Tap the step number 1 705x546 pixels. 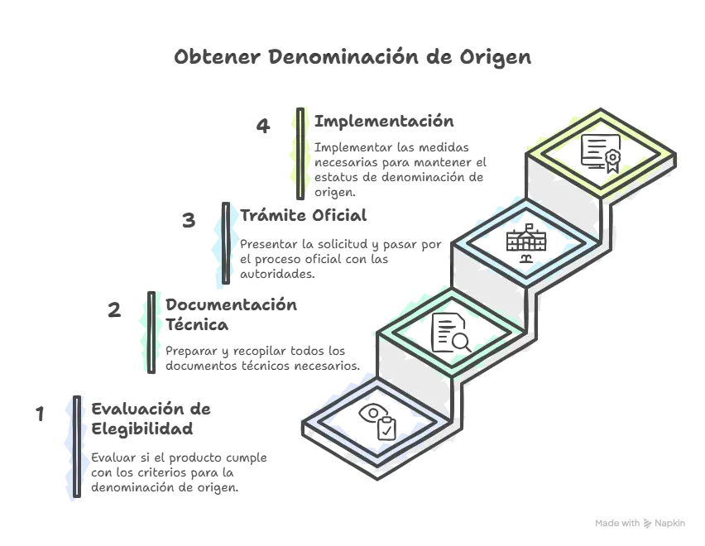coord(40,414)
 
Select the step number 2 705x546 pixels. coord(114,310)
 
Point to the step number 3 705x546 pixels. coord(189,220)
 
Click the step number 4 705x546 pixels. coord(263,126)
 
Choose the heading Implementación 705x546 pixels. coord(384,122)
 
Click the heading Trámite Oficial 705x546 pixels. coord(304,215)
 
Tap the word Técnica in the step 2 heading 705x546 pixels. coord(197,324)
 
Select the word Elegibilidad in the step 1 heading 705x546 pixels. coord(142,429)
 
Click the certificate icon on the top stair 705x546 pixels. coord(601,153)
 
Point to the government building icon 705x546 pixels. coord(526,243)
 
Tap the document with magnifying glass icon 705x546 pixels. coord(451,333)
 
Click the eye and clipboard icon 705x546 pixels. coord(377,422)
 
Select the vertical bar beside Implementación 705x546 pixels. coord(300,154)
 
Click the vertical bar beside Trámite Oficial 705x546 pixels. coord(226,243)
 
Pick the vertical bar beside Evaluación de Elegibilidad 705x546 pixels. coord(77,447)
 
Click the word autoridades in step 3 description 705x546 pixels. coord(277,274)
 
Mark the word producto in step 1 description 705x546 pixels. coord(195,458)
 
